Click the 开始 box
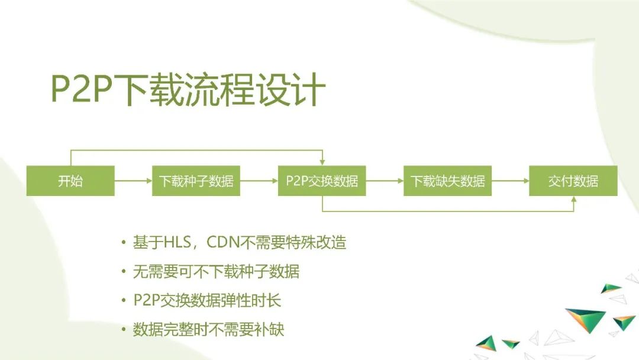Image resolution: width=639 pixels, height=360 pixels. pos(70,181)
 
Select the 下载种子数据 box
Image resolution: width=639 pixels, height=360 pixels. pos(196,181)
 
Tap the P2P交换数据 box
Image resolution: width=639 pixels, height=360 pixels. pos(322,181)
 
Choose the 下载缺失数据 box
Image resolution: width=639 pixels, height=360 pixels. pos(447,181)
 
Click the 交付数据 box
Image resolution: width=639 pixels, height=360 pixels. pos(573,181)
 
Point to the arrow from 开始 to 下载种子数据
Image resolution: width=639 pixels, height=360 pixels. pos(133,181)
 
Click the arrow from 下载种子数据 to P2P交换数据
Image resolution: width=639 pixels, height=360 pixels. pos(259,181)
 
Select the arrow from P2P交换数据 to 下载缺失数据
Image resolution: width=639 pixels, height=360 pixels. pos(385,181)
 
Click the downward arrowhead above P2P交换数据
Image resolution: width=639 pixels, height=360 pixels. pos(322,162)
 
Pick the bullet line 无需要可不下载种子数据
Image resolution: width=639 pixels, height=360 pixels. pos(216,272)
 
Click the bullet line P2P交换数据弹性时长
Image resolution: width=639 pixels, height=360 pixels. pos(207,300)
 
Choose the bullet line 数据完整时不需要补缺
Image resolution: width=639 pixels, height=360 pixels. pos(208,329)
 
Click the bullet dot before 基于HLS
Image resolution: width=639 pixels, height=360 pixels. pos(123,243)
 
